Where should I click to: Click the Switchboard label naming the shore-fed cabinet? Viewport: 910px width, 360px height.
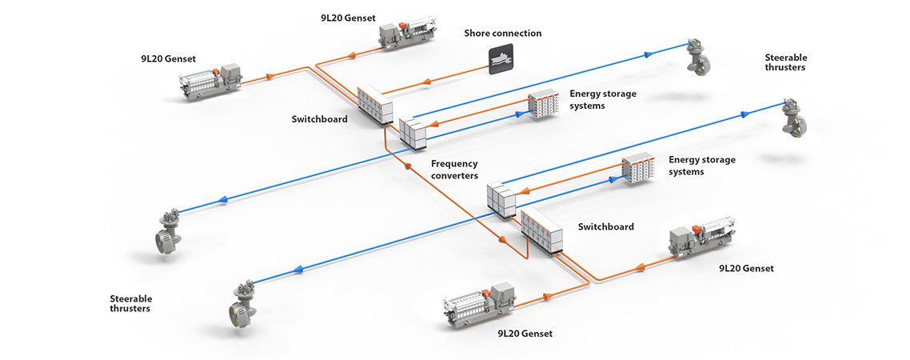(x=320, y=119)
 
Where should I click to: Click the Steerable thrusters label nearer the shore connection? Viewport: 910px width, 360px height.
(x=786, y=62)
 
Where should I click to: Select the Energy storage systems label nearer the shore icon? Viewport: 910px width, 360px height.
(x=603, y=99)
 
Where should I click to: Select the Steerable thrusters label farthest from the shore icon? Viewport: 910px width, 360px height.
(x=130, y=302)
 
